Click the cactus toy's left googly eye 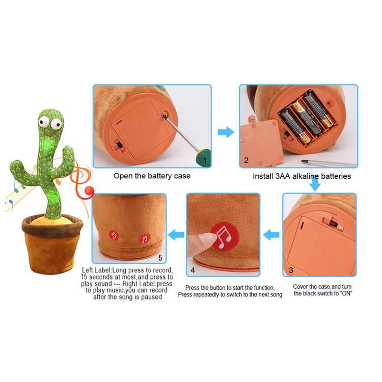44,122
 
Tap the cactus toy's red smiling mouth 49,134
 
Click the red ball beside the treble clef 89,191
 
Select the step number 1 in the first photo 205,160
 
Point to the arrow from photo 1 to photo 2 226,132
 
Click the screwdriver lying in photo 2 329,163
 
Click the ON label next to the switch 340,228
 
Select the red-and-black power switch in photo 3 333,224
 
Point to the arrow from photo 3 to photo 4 271,235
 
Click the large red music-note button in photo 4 225,236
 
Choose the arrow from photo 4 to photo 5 176,235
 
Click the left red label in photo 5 114,235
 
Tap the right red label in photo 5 144,239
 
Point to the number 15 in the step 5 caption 84,277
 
